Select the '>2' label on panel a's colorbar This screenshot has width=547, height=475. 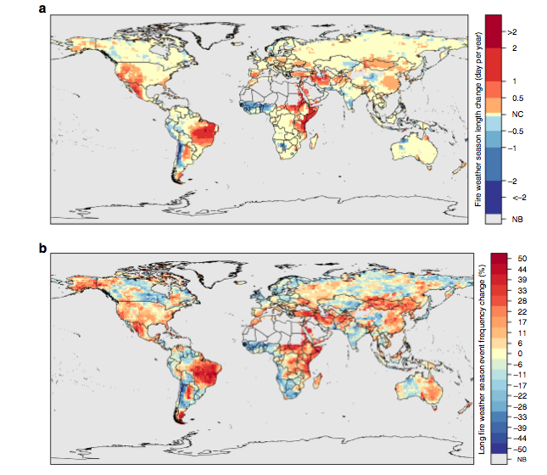click(x=511, y=31)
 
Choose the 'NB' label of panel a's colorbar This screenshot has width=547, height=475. click(x=511, y=219)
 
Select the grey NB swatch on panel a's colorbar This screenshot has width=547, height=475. click(x=494, y=219)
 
